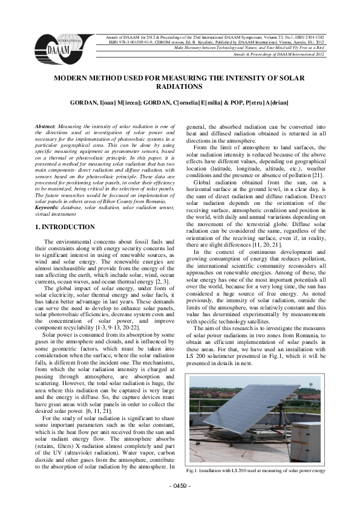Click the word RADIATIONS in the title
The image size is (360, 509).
point(179,87)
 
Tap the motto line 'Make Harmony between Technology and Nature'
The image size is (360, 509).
point(230,48)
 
